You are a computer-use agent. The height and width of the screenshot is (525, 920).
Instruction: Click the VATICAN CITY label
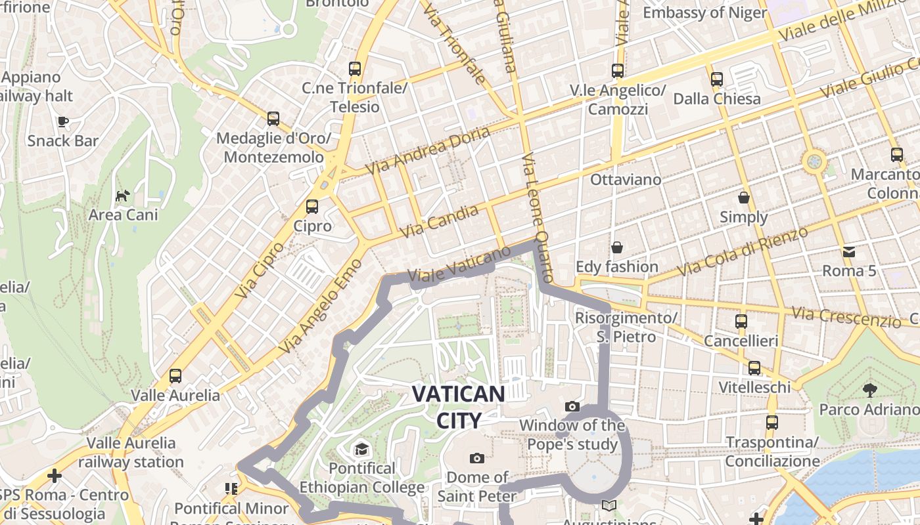tap(458, 407)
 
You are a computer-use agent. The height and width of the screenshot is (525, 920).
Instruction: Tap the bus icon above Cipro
tap(312, 206)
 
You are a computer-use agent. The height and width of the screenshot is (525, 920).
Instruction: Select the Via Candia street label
tap(440, 221)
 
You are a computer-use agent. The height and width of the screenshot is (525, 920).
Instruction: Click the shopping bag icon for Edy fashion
tap(616, 247)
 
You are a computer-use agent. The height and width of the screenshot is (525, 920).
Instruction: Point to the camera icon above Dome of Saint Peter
tap(477, 458)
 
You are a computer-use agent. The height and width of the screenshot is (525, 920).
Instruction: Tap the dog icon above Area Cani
tap(122, 196)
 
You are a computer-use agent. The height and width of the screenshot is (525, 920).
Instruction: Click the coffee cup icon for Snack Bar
tap(63, 121)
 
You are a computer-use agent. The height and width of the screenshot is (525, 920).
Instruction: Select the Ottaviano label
tap(626, 179)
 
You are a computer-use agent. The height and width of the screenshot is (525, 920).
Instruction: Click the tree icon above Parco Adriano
tap(870, 390)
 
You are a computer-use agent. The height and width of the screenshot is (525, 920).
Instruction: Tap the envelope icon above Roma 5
tap(849, 251)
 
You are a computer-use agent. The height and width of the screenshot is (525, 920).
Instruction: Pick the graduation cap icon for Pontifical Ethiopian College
tap(361, 449)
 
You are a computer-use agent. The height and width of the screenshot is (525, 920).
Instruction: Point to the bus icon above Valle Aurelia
tap(175, 376)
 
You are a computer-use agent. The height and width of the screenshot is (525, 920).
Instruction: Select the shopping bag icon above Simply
tap(744, 198)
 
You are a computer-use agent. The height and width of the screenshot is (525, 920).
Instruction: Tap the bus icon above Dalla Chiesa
tap(716, 79)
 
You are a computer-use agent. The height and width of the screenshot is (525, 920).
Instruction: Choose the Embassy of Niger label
tap(704, 12)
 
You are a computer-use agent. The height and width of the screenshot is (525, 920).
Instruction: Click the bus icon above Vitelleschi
tap(754, 368)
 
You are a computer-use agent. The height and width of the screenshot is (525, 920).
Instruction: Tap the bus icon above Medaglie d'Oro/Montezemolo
tap(273, 119)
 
